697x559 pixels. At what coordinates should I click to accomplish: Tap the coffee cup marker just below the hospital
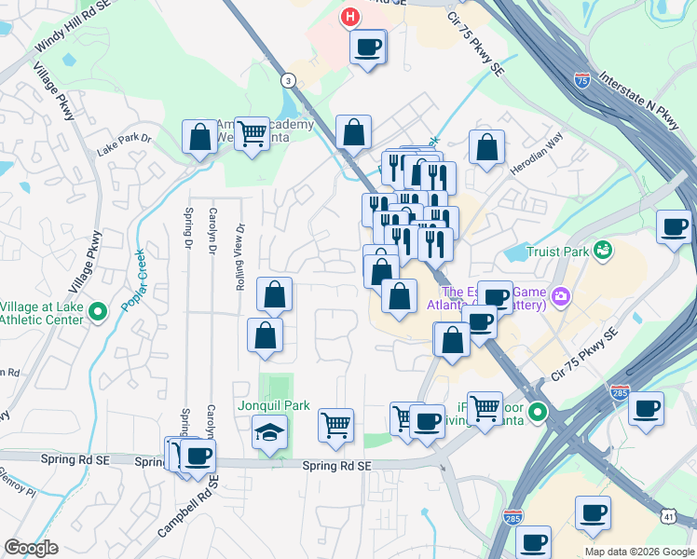[368, 46]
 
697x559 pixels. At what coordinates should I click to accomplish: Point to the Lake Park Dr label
[124, 151]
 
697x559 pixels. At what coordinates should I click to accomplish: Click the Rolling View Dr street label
[240, 256]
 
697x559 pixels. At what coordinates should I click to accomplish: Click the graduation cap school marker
[270, 431]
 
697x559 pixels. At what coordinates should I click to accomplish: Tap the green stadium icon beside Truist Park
[604, 250]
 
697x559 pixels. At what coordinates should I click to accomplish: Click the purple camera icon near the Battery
[561, 297]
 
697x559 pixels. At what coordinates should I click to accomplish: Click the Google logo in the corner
[31, 548]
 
